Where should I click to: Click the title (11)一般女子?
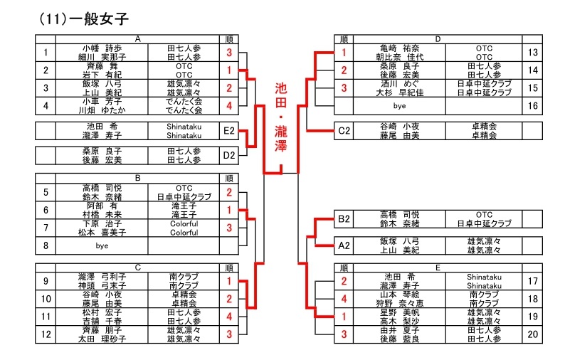pyautogui.click(x=84, y=19)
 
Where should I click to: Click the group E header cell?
pyautogui.click(x=437, y=268)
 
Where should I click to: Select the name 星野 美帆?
pyautogui.click(x=398, y=312)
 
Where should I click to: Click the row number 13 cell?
pyautogui.click(x=533, y=52)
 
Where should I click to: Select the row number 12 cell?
pyautogui.click(x=46, y=334)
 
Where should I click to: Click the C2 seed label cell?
pyautogui.click(x=344, y=130)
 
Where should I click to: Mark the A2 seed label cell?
pyautogui.click(x=344, y=245)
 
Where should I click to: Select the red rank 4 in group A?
pyautogui.click(x=229, y=105)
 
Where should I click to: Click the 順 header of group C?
pyautogui.click(x=228, y=268)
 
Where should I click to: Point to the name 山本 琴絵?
pyautogui.click(x=398, y=295)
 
